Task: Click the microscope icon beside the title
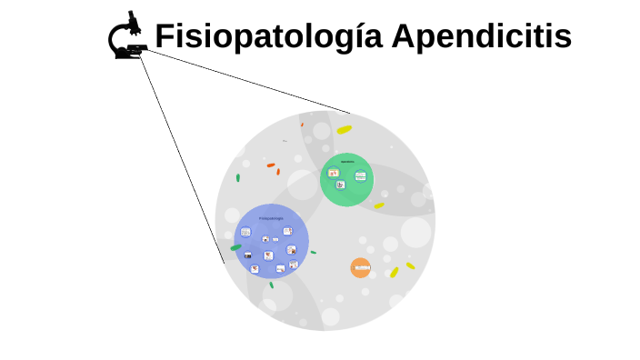(x=128, y=37)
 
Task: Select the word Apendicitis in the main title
(x=482, y=37)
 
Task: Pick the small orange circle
(x=361, y=268)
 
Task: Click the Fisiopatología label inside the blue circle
(x=271, y=218)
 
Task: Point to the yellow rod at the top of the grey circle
(x=344, y=130)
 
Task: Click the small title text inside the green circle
(x=346, y=162)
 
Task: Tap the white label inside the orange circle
(x=362, y=268)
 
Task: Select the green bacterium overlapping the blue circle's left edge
(x=236, y=246)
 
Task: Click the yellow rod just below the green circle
(x=379, y=206)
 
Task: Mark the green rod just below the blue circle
(x=271, y=284)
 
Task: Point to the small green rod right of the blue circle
(x=313, y=252)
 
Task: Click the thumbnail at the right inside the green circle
(x=360, y=175)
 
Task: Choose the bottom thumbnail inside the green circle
(x=340, y=185)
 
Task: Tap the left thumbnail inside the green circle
(x=334, y=172)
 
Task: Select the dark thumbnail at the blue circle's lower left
(x=247, y=255)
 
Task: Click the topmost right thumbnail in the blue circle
(x=287, y=231)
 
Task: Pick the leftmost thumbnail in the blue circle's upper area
(x=245, y=232)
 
